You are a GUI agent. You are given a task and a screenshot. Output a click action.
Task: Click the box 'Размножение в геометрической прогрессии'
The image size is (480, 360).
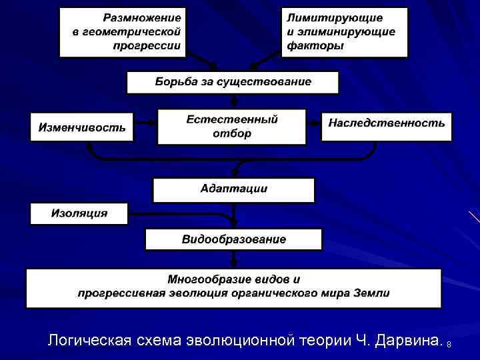(122, 32)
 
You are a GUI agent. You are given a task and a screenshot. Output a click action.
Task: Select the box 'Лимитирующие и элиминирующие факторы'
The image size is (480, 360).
(344, 32)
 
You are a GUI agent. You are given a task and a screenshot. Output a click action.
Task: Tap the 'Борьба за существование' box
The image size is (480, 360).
(233, 83)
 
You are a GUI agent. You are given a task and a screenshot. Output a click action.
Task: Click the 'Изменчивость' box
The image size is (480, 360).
(81, 127)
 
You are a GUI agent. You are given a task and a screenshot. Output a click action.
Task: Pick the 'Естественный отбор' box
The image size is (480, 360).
(231, 127)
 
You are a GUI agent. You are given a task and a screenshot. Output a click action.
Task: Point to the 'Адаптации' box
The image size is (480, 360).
(233, 189)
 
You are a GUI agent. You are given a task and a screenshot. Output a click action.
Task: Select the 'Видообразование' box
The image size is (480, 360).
(233, 239)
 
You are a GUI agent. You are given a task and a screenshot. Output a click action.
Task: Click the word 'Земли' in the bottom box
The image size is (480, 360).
(374, 293)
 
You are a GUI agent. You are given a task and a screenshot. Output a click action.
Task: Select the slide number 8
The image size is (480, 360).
(449, 344)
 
